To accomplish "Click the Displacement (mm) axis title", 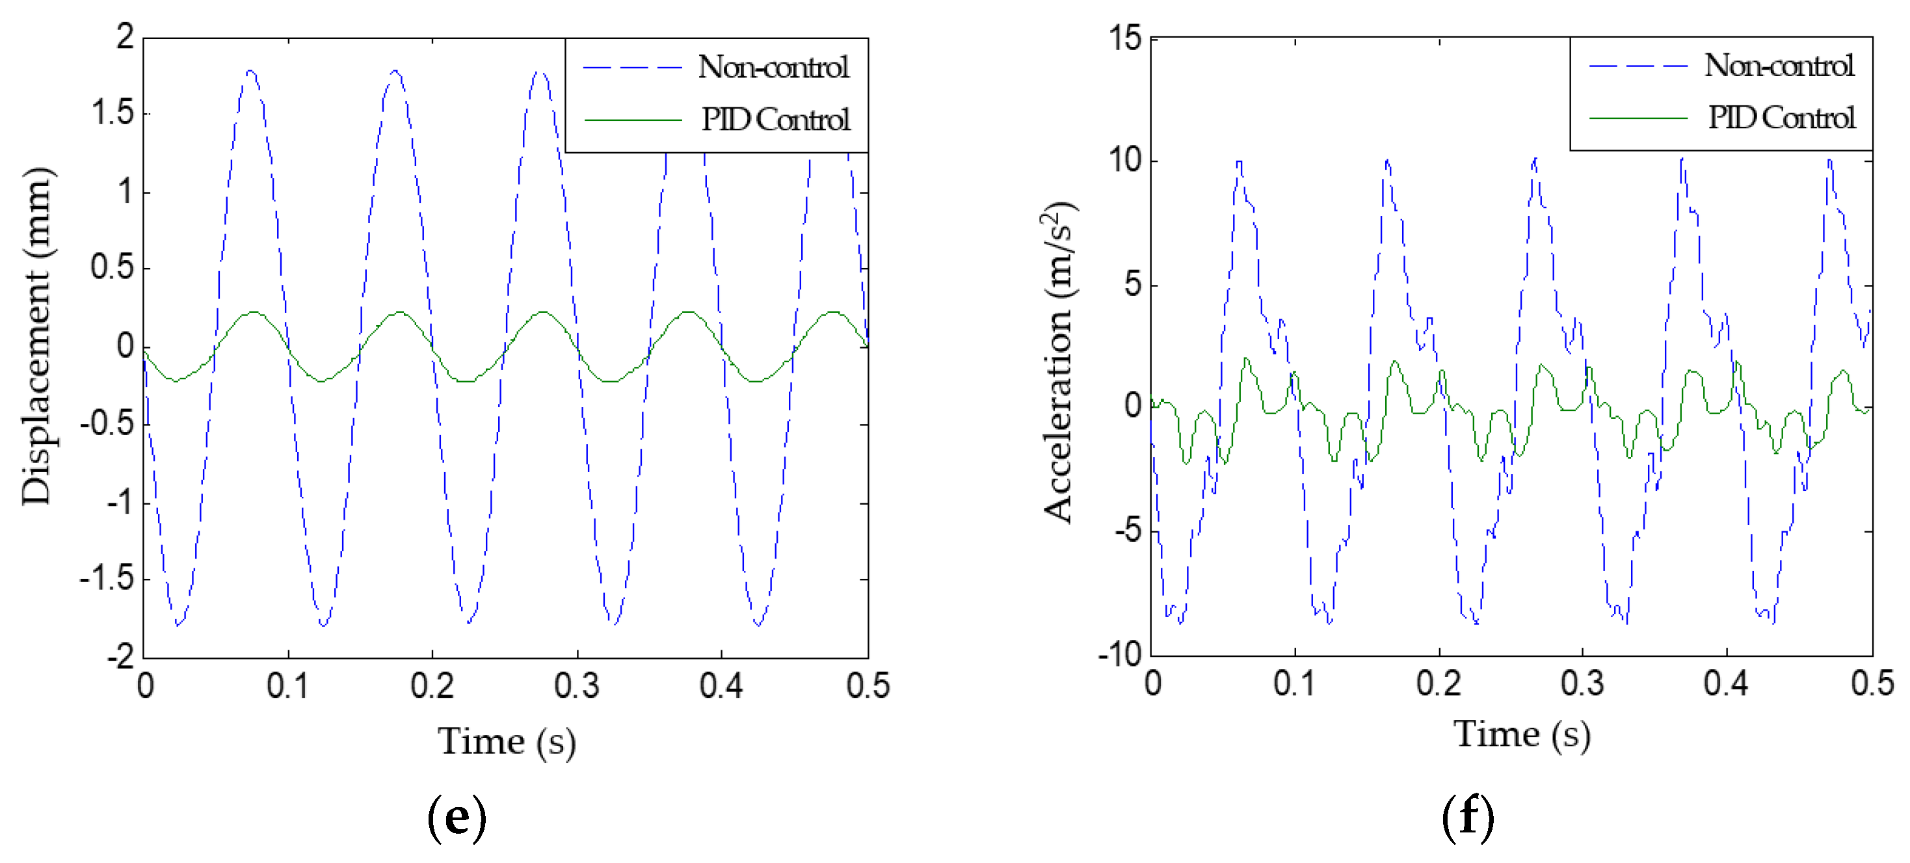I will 37,338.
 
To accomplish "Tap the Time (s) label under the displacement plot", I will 507,741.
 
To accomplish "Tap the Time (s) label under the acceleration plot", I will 1522,735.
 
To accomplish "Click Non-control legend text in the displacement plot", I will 773,68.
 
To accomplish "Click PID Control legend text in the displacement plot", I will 776,120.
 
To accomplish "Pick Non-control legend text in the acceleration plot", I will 1779,66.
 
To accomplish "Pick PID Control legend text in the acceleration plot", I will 1781,117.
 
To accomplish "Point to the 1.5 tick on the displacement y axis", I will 113,113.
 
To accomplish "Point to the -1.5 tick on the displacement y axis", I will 107,578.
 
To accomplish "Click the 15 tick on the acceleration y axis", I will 1125,38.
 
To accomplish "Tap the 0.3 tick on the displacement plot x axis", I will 576,686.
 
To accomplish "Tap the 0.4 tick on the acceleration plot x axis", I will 1725,683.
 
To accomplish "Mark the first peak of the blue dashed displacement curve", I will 250,71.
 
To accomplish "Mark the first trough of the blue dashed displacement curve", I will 178,624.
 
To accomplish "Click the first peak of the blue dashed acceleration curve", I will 1238,162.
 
